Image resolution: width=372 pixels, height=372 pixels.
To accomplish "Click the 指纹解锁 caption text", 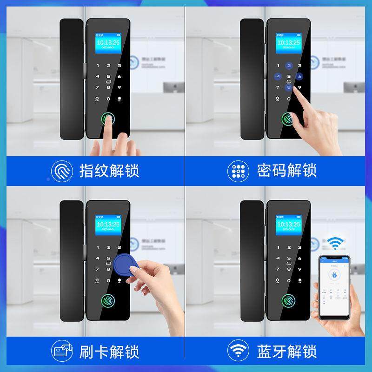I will tap(110, 170).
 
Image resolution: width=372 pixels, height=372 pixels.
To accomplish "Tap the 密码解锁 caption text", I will tap(286, 170).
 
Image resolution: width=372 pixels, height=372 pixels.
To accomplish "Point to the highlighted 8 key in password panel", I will tap(289, 87).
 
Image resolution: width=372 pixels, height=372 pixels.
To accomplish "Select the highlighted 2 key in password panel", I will tap(289, 66).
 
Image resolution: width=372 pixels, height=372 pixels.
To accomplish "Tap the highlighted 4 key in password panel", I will tap(278, 77).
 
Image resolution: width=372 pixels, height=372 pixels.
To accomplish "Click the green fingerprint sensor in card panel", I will tap(108, 301).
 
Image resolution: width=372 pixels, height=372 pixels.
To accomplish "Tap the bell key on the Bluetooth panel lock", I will tap(299, 279).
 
